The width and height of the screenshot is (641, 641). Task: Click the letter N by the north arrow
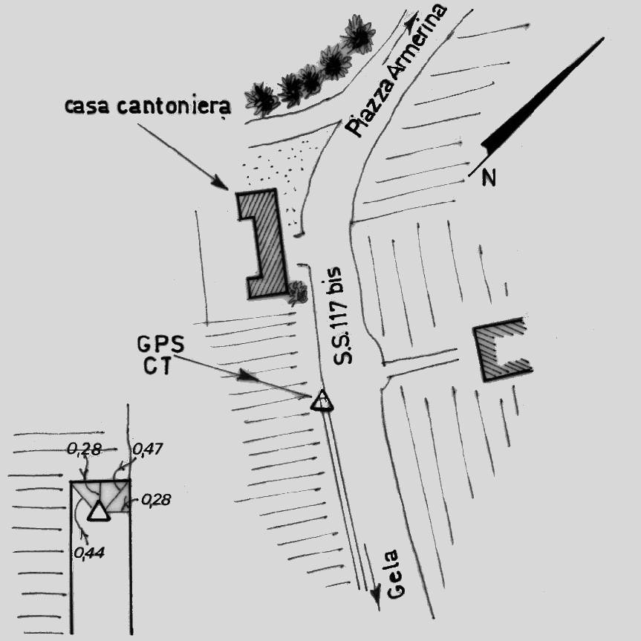[x=488, y=178]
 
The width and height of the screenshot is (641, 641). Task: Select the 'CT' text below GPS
[x=159, y=365]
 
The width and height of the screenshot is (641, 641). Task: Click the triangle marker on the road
[x=322, y=401]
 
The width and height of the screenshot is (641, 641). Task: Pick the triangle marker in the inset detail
[x=97, y=511]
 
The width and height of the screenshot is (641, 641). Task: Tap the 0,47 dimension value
[x=146, y=449]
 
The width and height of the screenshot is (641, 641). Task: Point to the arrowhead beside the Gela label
[x=376, y=593]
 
